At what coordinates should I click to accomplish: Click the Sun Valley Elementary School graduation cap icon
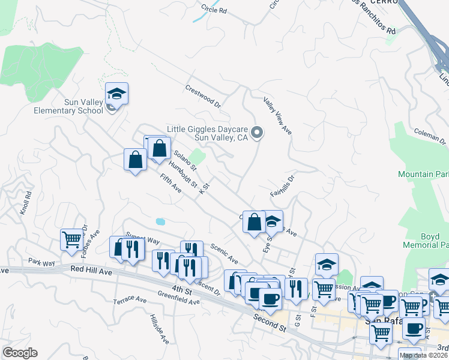click(117, 94)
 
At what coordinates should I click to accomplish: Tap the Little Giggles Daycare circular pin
click(258, 133)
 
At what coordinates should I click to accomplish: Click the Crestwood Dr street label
click(203, 95)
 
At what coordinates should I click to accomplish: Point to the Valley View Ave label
click(277, 115)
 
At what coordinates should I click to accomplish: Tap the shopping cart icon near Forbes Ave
click(71, 239)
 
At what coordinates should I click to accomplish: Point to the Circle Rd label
click(214, 10)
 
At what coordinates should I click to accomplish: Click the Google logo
click(19, 353)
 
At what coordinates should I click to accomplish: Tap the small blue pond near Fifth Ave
click(160, 221)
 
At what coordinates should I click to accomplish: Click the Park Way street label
click(41, 262)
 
